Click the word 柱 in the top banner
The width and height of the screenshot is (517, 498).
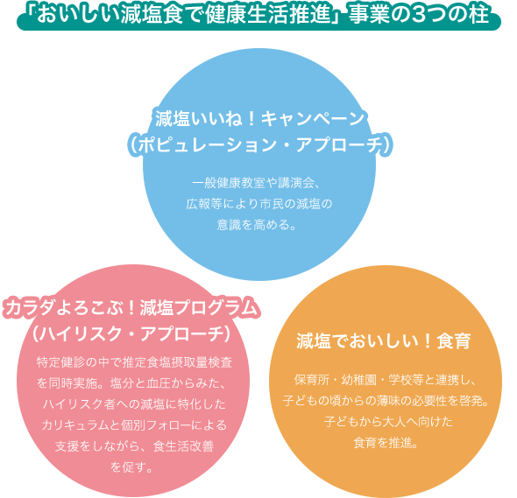pos(479,14)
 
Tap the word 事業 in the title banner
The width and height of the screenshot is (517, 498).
pos(369,14)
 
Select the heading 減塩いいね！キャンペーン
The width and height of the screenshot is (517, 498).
pos(259,119)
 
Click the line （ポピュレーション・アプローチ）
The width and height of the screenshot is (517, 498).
pos(260,144)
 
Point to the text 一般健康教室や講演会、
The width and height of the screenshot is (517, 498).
pos(256,183)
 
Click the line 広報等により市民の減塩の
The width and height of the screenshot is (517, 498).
pos(259,204)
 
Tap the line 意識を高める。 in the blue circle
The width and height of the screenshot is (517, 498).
pos(256,225)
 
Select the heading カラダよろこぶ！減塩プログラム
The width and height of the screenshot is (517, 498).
pos(131,309)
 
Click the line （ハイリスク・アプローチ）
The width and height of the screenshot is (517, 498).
pos(131,334)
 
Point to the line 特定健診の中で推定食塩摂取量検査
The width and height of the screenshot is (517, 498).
pos(135,362)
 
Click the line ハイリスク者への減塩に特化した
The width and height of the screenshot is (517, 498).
pos(134,404)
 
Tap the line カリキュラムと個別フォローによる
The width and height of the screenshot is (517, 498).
pos(134,424)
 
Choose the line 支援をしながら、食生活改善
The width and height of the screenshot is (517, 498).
pos(134,446)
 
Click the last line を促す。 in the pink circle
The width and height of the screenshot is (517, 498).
pos(131,466)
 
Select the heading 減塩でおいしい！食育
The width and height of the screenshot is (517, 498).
pos(384,340)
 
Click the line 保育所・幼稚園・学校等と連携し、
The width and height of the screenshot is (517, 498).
pos(385,380)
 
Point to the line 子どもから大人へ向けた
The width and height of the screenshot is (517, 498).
pos(388,422)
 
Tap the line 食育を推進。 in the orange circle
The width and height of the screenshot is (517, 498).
pos(386,443)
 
